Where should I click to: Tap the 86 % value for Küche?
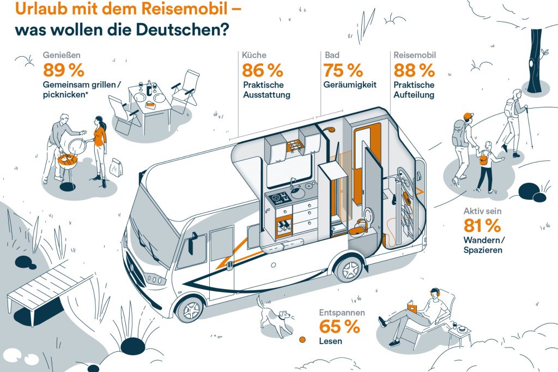(263, 71)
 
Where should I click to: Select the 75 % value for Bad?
(343, 71)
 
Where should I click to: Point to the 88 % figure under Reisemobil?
(414, 71)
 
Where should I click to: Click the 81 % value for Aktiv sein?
(482, 225)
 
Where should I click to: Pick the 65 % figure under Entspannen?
(339, 328)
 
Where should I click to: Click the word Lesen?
(331, 341)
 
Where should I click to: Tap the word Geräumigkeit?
(350, 85)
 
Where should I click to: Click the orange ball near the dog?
(301, 340)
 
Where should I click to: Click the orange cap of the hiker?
(466, 116)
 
